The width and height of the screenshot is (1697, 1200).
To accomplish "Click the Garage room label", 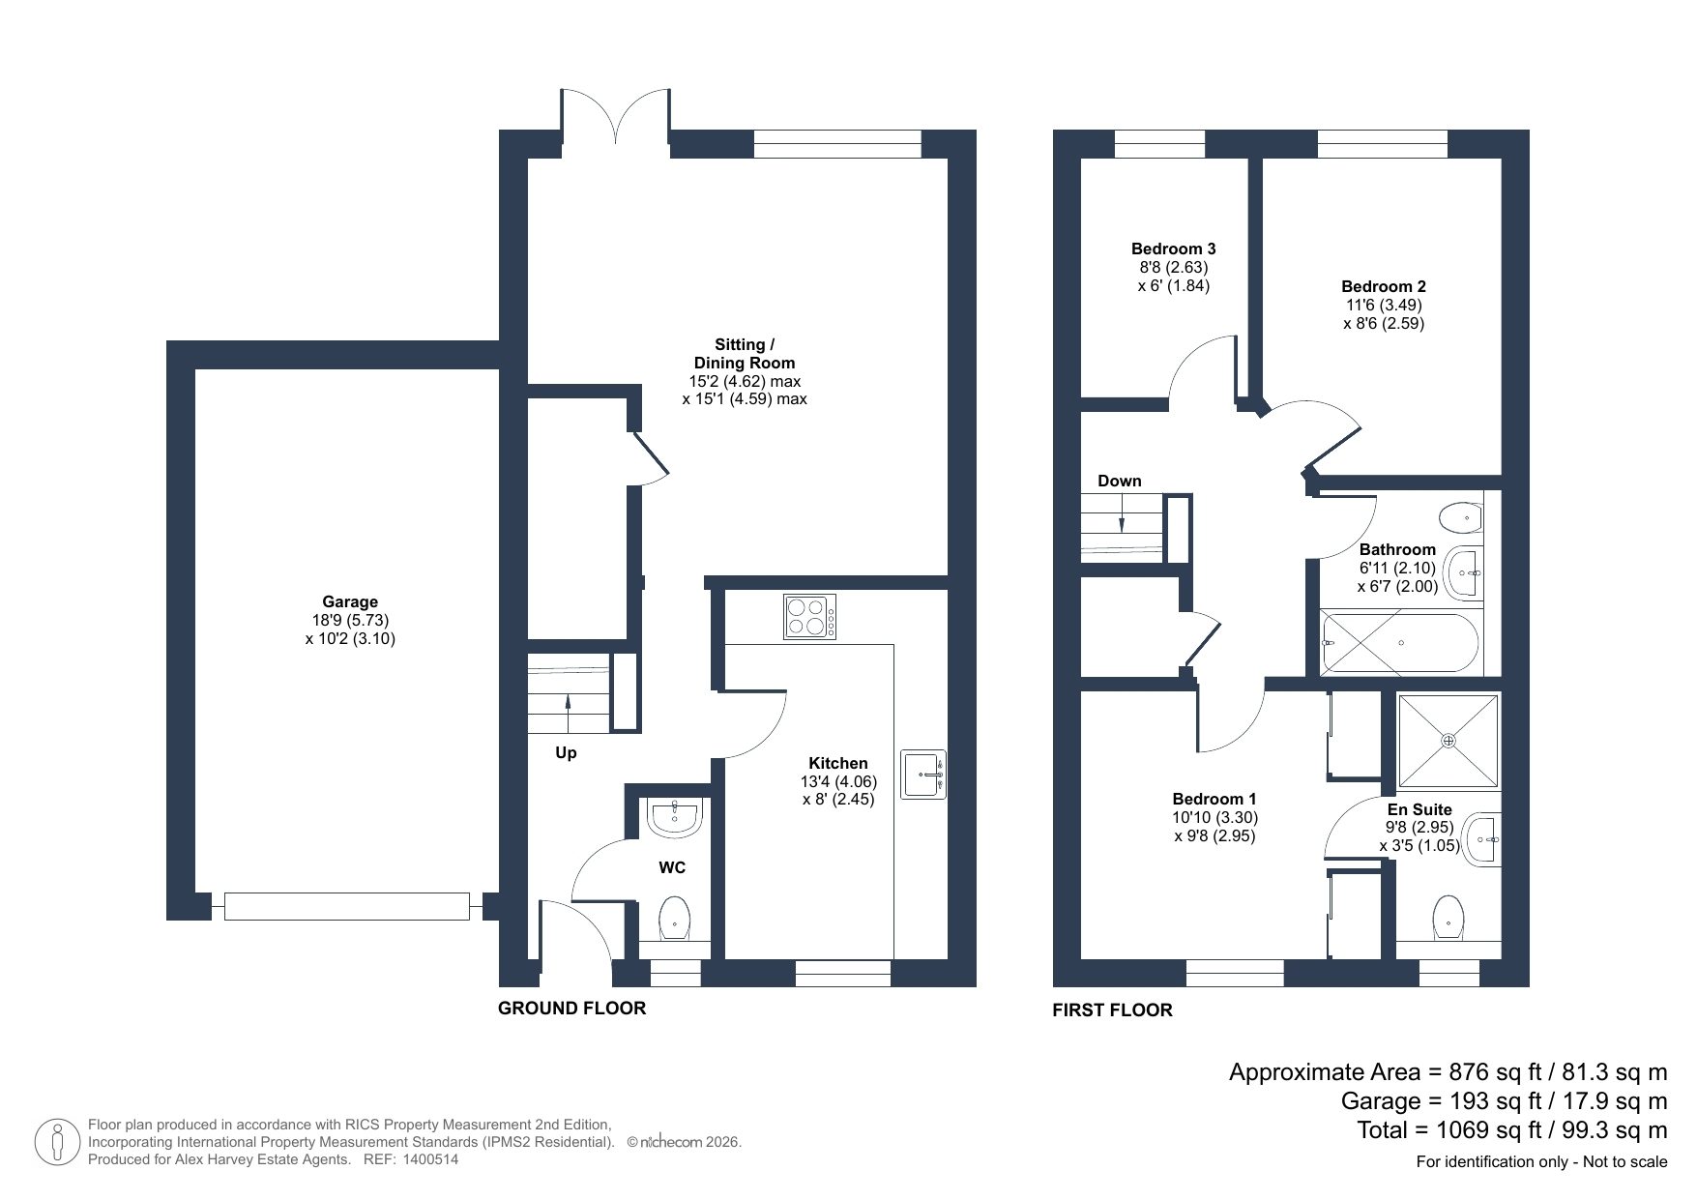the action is coord(350,601).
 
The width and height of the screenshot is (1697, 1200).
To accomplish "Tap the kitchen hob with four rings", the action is coord(810,617).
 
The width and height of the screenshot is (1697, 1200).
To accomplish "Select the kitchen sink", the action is coord(923,775).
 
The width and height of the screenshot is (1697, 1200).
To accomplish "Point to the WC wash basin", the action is coord(674,818).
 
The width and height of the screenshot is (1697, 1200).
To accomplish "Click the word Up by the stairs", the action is coord(566,752).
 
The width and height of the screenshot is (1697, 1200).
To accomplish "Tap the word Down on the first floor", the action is coord(1120,481).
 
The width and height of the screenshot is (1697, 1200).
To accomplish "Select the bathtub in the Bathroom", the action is coord(1399,643).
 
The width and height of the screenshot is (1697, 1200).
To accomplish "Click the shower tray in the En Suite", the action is coord(1448,741).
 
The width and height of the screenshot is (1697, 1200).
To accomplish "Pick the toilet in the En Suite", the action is coord(1448,917).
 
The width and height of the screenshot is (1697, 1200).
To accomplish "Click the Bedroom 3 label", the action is coord(1174,249).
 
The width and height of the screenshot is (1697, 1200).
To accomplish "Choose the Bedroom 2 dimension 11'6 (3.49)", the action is coord(1384,305).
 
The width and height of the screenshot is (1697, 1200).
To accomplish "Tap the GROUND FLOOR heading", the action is coord(571,1009).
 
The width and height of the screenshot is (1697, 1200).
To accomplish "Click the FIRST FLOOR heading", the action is coord(1112,1010).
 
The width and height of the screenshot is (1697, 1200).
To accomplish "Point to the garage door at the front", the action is coord(346,906).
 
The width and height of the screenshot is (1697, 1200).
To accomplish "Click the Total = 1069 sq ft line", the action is coord(1512,1130).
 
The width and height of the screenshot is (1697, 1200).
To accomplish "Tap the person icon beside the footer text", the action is coord(58,1142).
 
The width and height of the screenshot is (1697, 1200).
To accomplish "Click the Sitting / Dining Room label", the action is coord(745,354).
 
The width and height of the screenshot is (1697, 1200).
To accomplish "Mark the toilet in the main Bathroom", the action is coord(1461,518).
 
